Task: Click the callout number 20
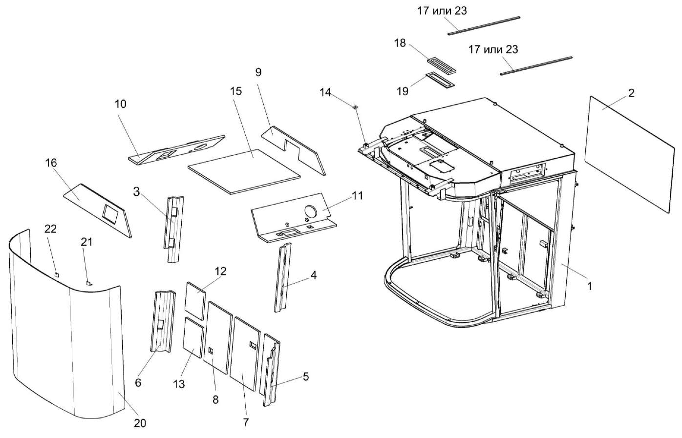point(140,423)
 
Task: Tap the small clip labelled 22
point(57,275)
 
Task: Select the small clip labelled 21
point(88,282)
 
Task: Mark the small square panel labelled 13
point(193,336)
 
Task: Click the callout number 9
point(258,72)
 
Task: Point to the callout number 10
point(120,104)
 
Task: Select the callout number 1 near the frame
point(589,286)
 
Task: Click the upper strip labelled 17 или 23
point(484,26)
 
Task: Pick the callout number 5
point(306,376)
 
